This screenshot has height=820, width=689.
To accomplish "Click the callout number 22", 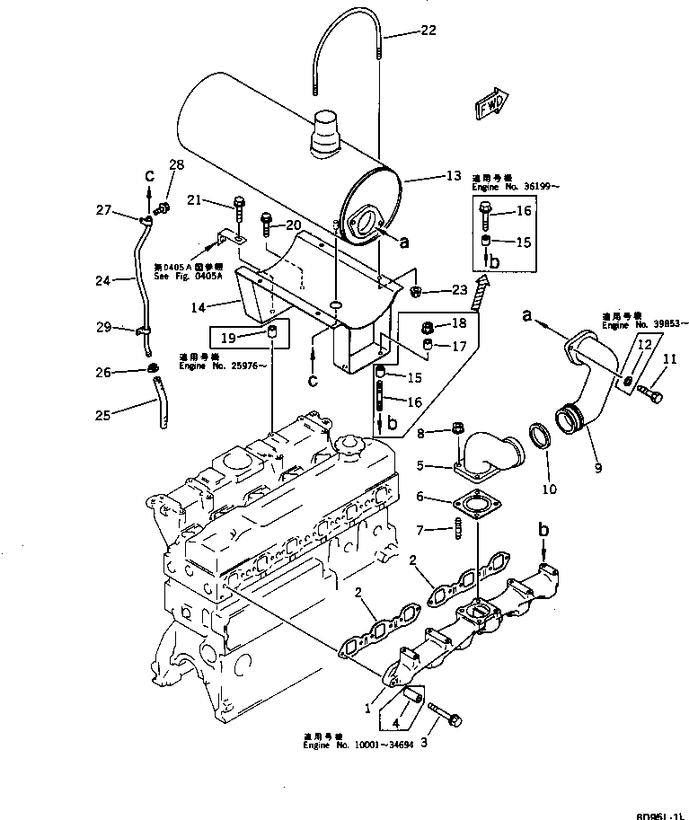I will point(428,31).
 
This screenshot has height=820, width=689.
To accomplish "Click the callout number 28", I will point(175,164).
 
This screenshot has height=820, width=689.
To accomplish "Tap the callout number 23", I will point(434,290).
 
